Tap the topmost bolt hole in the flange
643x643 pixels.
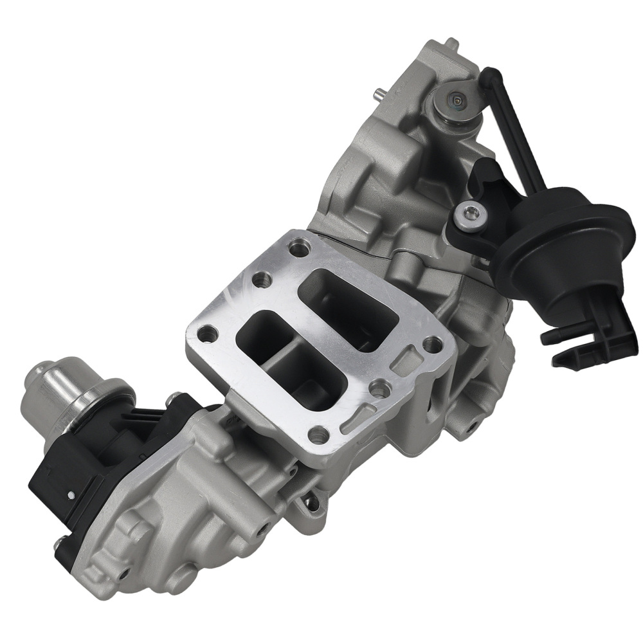(298, 247)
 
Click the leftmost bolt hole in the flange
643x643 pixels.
(206, 334)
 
